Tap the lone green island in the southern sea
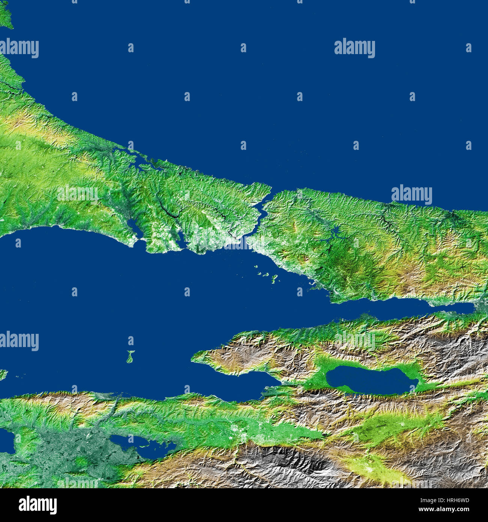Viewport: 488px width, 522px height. tap(130, 357)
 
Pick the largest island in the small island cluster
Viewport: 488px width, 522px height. tap(274, 279)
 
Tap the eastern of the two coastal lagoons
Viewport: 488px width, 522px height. tap(179, 237)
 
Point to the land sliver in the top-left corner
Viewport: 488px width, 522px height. tap(5, 15)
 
